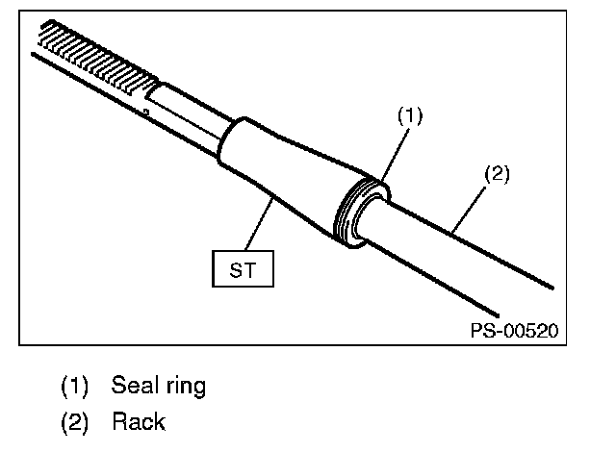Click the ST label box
(x=243, y=268)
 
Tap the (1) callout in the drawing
(x=410, y=115)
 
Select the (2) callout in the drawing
(x=497, y=174)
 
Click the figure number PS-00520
(x=514, y=331)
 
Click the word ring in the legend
(x=186, y=387)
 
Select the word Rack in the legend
(x=139, y=422)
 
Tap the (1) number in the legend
(x=74, y=386)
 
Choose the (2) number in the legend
(x=74, y=422)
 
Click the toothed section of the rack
(x=96, y=57)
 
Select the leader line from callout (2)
(x=469, y=209)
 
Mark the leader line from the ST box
(x=259, y=224)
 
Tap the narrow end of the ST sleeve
(x=232, y=141)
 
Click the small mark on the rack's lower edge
(x=146, y=113)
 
